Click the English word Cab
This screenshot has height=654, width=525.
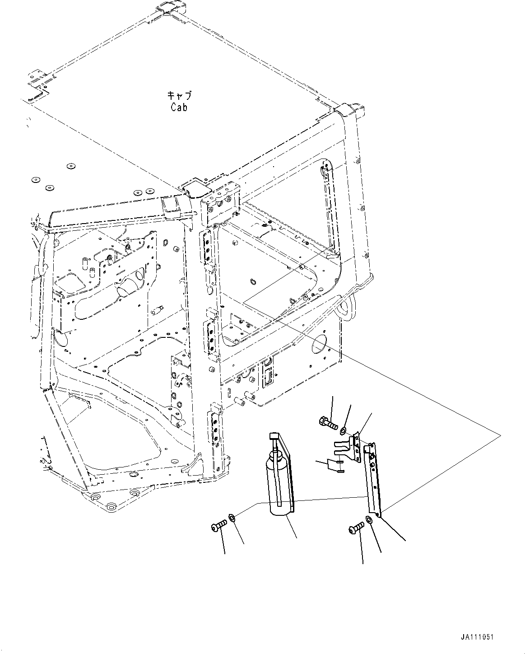point(179,107)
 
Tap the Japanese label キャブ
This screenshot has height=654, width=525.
point(179,95)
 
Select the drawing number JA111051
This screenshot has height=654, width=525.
point(477,637)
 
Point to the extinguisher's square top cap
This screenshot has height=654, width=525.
point(275,436)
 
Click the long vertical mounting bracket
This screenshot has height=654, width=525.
point(372,479)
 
